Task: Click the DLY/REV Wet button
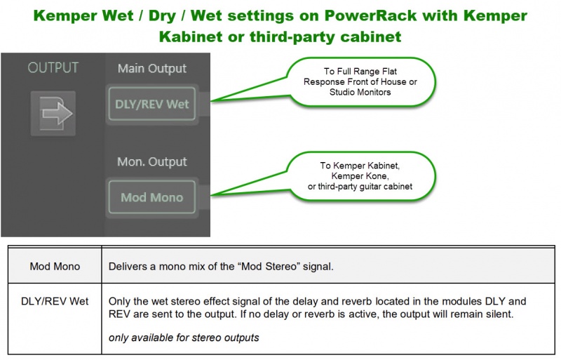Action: tap(151, 105)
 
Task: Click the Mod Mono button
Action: tap(151, 197)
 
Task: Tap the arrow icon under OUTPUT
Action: tap(53, 113)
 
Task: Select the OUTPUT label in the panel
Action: tap(53, 68)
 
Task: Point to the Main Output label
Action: tap(151, 68)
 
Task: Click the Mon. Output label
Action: tap(151, 161)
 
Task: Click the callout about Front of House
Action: tap(360, 82)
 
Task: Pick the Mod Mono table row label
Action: tap(55, 267)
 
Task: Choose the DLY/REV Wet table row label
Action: tap(55, 301)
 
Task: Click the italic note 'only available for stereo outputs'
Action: tap(184, 338)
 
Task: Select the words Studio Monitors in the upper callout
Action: tap(360, 92)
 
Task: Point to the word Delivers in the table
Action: tap(130, 267)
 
